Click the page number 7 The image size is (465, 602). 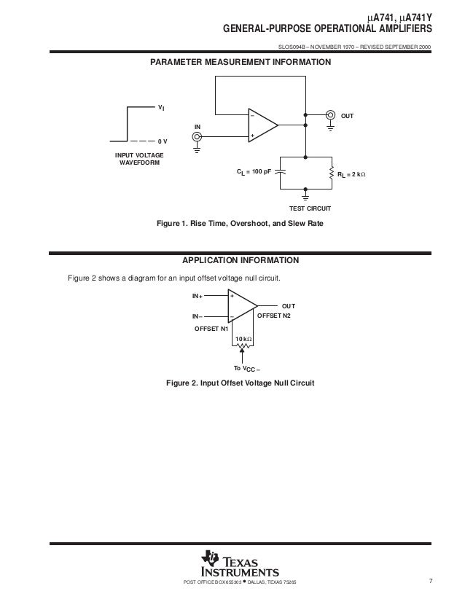[x=431, y=581]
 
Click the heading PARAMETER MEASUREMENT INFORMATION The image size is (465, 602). [x=241, y=63]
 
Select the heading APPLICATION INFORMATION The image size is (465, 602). [x=240, y=260]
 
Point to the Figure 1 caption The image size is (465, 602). [x=240, y=224]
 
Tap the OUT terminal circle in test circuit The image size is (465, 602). [x=330, y=114]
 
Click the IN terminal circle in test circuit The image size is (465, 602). [x=197, y=135]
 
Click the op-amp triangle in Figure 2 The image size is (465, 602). [x=241, y=307]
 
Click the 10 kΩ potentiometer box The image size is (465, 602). [x=243, y=340]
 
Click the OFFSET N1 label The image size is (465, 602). [x=211, y=329]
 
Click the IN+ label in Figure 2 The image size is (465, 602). [x=198, y=297]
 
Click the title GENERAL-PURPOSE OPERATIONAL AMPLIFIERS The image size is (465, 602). [x=327, y=28]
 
